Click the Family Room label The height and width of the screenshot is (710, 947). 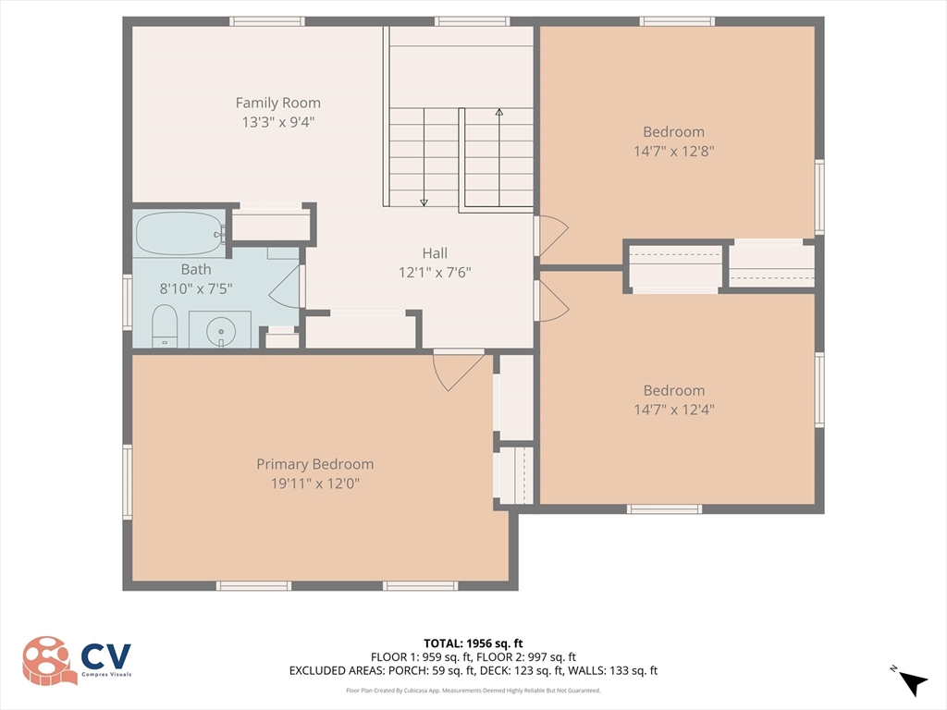[277, 103]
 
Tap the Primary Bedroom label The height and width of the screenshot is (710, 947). [314, 464]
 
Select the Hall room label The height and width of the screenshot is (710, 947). [435, 253]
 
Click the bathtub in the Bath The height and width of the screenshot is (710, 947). [179, 233]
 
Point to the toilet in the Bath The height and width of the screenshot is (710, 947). [164, 326]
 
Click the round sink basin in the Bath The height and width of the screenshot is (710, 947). [220, 332]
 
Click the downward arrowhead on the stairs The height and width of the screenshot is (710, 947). [424, 202]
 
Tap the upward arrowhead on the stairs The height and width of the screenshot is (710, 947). [498, 112]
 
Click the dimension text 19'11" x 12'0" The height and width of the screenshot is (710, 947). [314, 483]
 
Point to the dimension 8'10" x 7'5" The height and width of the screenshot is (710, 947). [196, 288]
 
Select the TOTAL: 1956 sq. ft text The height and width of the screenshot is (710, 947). [473, 643]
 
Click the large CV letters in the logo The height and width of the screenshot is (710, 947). [106, 656]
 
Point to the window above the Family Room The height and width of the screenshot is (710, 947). [267, 22]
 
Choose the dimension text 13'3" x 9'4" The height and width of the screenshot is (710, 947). [277, 122]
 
